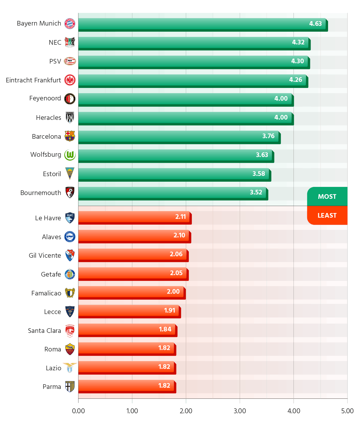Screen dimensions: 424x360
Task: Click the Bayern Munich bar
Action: coord(202,24)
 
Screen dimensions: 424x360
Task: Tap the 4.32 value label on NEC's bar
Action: coord(298,42)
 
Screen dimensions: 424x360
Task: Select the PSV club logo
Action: coord(70,61)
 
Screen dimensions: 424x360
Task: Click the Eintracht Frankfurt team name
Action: coord(33,80)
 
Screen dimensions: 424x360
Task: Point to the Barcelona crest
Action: coord(70,136)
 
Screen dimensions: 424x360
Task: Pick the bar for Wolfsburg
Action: coord(175,155)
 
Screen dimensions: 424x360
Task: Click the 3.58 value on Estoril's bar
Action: coord(258,174)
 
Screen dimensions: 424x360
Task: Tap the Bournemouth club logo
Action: coord(70,192)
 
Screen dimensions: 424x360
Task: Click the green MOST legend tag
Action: coord(327,197)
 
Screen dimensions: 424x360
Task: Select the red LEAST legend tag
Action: coord(327,215)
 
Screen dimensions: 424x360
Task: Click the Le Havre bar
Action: coord(134,217)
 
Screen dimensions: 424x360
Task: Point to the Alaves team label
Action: coord(51,237)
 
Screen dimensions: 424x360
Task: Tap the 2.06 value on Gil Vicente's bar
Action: coord(176,254)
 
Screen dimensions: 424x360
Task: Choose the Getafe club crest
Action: coord(70,274)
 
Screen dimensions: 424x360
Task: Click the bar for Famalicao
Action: coord(131,292)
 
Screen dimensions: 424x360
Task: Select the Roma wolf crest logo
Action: coord(70,349)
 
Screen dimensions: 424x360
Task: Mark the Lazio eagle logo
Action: coord(70,368)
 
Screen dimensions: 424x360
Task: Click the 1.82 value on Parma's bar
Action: coord(164,386)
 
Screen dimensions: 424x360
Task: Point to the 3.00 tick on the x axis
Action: coord(240,411)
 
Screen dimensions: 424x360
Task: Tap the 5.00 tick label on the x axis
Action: coord(347,411)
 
